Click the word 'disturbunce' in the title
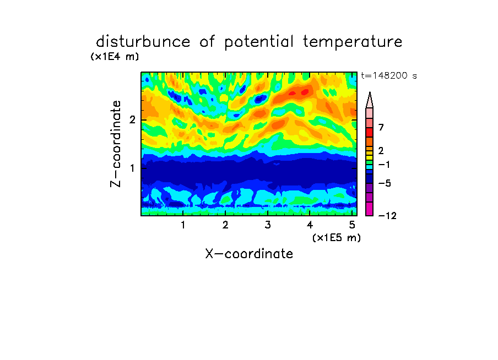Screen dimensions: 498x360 tap(143, 42)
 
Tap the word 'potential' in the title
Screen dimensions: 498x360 tap(259, 42)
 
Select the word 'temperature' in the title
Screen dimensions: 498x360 tap(353, 42)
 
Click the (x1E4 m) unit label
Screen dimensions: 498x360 tap(115, 57)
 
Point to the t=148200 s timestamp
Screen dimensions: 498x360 tap(389, 75)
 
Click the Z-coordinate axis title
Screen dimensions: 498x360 tap(116, 144)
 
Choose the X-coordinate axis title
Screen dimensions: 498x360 tap(249, 254)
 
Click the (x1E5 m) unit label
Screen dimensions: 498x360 tap(337, 237)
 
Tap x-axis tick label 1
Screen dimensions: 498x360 tap(183, 225)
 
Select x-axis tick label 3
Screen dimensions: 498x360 tap(268, 225)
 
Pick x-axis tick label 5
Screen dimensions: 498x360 tap(352, 225)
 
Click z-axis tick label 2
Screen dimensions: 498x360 tap(132, 119)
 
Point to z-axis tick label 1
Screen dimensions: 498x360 tap(132, 168)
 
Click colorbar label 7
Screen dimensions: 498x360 tap(381, 128)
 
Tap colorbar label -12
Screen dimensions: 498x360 tap(387, 216)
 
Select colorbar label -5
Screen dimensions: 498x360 tap(385, 183)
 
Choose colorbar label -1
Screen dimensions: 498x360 tap(384, 165)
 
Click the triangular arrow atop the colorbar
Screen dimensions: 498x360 tap(370, 100)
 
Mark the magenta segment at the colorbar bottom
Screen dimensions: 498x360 tap(370, 209)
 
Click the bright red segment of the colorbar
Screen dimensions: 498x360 tap(370, 132)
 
